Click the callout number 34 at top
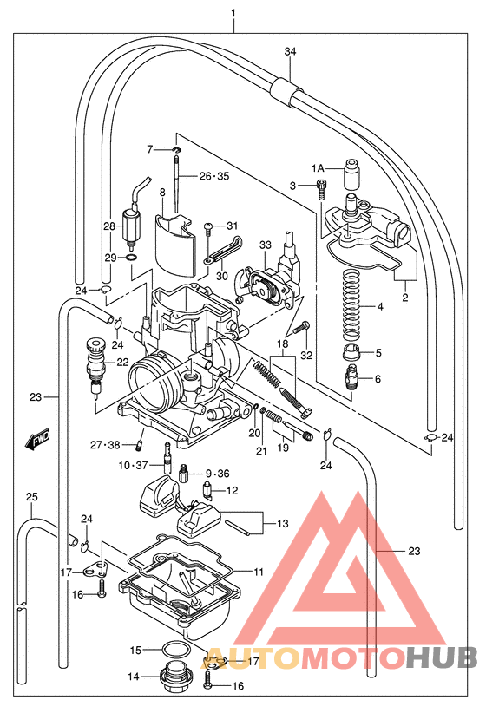[290, 52]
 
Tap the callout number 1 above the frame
[233, 12]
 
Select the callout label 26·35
[213, 176]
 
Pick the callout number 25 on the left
[31, 497]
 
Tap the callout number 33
[266, 245]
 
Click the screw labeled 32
[302, 327]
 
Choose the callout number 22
[122, 363]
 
